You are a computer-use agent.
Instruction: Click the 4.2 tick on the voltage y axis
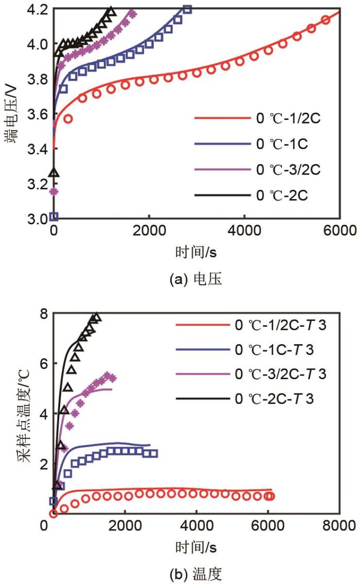point(39,10)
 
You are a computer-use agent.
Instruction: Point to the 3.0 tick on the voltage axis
point(39,219)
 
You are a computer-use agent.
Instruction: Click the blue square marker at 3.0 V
point(54,216)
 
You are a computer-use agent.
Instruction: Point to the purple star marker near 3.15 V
point(53,192)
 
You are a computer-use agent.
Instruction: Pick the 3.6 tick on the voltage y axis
point(39,114)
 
